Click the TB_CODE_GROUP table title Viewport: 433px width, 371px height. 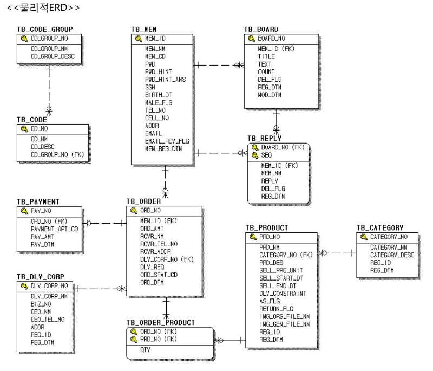[x=45, y=29]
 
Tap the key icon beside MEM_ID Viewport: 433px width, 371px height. [x=139, y=38]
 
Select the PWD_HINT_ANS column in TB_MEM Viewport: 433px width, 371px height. [x=166, y=80]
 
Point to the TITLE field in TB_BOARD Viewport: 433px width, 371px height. [x=266, y=56]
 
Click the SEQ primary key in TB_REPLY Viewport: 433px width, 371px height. [x=266, y=155]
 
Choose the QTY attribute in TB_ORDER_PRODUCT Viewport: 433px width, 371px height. [x=145, y=350]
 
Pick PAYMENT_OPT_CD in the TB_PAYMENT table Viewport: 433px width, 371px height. [x=55, y=229]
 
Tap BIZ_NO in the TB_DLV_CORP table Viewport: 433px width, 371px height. [x=41, y=304]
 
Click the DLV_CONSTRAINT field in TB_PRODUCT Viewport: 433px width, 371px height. [x=283, y=294]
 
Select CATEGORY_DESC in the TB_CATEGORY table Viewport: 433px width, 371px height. [x=392, y=255]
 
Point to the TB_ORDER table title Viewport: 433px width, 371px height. [x=143, y=201]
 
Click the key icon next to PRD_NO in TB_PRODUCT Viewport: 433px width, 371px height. [x=253, y=237]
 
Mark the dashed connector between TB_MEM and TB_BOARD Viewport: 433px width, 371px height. [x=219, y=65]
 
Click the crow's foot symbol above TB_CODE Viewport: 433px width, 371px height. [x=49, y=111]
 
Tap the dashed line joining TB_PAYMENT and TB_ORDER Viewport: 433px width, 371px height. [x=104, y=223]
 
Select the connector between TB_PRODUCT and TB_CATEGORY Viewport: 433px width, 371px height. [x=337, y=253]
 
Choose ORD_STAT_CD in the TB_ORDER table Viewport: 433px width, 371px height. [x=159, y=275]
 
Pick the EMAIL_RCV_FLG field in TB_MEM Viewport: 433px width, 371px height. [x=167, y=141]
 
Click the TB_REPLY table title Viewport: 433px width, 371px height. [x=264, y=138]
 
